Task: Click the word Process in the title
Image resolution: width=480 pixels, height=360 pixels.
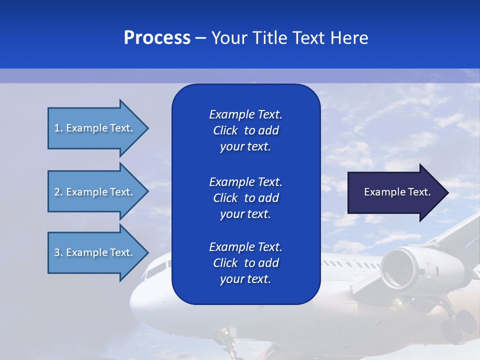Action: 157,38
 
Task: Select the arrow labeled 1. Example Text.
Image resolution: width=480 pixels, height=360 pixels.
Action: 95,128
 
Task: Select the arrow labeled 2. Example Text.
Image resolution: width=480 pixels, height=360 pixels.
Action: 95,192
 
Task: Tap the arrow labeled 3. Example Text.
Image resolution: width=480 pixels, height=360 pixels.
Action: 95,252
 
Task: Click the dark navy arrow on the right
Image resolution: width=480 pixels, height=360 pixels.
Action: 395,192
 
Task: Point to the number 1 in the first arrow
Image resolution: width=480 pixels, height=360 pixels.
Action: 56,128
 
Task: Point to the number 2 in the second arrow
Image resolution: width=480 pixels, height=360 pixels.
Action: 57,192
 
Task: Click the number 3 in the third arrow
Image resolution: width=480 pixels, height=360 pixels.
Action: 57,252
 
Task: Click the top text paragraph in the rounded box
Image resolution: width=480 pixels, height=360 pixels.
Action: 245,130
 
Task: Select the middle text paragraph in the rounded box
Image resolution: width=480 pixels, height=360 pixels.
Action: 245,198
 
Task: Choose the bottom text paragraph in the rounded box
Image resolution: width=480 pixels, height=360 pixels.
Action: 245,263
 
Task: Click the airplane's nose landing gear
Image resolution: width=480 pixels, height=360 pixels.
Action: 228,340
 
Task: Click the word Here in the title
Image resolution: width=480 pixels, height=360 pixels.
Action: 349,38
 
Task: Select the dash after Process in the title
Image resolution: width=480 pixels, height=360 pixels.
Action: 200,38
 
